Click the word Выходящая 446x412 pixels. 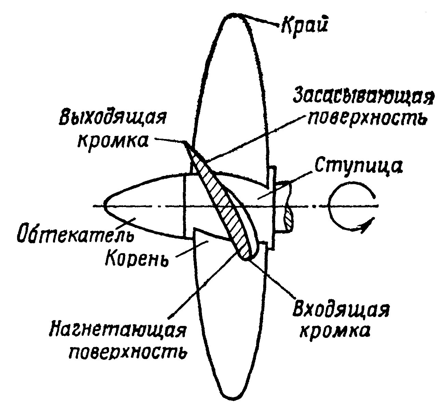[112, 118]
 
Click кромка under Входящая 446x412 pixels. [334, 331]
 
